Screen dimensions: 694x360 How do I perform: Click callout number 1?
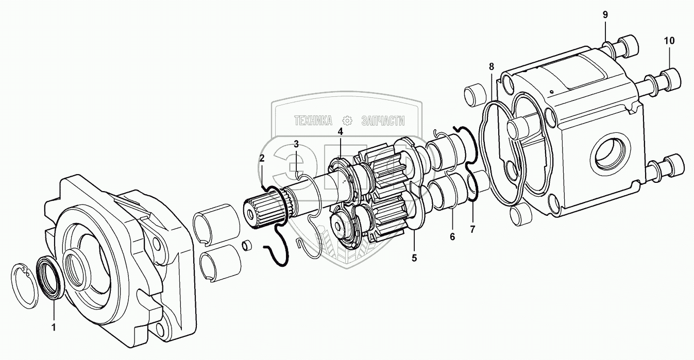pyautogui.click(x=54, y=327)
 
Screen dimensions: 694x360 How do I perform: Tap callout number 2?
pyautogui.click(x=262, y=158)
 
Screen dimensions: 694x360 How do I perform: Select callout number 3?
pyautogui.click(x=296, y=144)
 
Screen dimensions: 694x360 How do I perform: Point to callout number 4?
pyautogui.click(x=341, y=132)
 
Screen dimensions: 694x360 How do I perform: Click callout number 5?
pyautogui.click(x=414, y=258)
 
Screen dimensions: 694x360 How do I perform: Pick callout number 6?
pyautogui.click(x=452, y=237)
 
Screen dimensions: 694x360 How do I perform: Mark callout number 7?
pyautogui.click(x=472, y=229)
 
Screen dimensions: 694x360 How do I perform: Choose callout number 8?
pyautogui.click(x=492, y=66)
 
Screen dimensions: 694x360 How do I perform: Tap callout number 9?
pyautogui.click(x=605, y=14)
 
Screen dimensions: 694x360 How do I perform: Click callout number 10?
pyautogui.click(x=669, y=41)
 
